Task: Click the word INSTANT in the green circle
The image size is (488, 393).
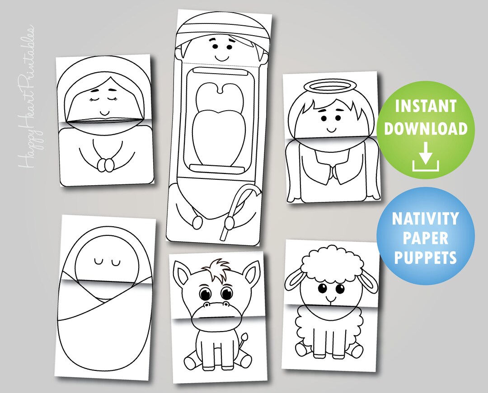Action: pos(425,107)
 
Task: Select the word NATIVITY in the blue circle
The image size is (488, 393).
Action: pos(425,219)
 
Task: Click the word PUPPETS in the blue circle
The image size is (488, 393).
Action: pos(425,258)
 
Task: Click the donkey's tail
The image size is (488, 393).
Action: pos(245,338)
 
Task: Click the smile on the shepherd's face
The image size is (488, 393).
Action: pos(221,58)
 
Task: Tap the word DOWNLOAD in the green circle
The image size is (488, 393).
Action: pos(425,129)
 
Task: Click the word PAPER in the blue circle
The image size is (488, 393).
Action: pos(425,239)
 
